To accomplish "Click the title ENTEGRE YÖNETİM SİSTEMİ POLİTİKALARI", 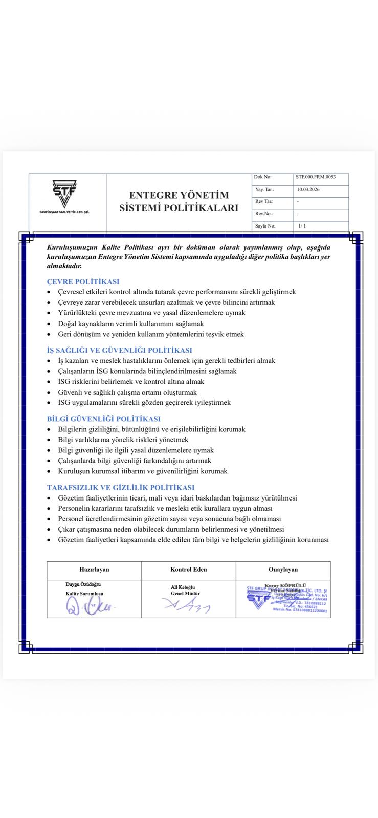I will click(179, 201).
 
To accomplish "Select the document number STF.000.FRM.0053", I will click(315, 177).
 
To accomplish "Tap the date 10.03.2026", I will click(308, 189).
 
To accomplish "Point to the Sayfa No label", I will click(265, 225).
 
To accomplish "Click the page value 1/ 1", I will click(302, 225).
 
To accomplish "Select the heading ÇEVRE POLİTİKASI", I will click(83, 281).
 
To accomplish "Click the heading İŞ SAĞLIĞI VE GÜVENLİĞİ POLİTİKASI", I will click(119, 350).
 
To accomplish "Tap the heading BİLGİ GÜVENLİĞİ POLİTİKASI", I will click(103, 419).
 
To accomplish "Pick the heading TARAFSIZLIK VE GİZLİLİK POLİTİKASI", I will click(120, 487).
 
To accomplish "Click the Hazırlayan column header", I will click(94, 569).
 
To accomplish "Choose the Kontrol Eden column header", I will click(188, 569).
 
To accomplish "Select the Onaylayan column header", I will click(283, 569).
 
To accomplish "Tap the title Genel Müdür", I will click(185, 594).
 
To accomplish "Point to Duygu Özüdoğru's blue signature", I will click(90, 606).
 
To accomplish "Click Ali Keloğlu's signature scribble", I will click(186, 606).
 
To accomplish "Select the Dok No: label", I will click(262, 177).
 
